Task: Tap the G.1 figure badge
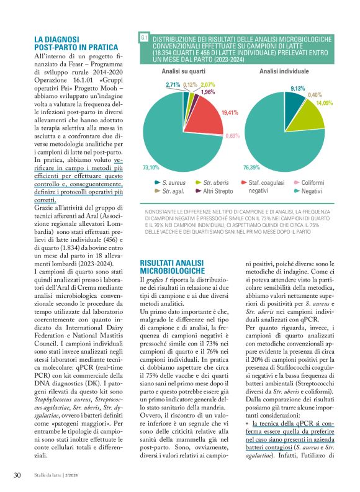click(x=144, y=38)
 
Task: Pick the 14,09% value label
click(x=325, y=102)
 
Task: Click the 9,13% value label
click(x=298, y=89)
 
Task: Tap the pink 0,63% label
click(x=233, y=135)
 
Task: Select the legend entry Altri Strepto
click(x=215, y=192)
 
